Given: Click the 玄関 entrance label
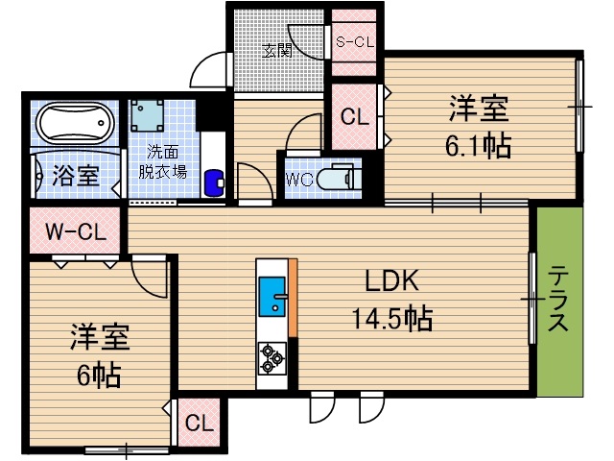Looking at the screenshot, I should click(x=278, y=51).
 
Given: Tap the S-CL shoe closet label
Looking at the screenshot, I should click(x=354, y=41).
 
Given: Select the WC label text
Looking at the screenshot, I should click(x=298, y=179).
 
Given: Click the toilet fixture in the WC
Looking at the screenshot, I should click(x=335, y=179).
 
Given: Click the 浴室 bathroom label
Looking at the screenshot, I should click(x=76, y=176).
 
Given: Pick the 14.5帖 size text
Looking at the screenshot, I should click(x=390, y=317).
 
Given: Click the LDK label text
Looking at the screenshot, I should click(x=390, y=280).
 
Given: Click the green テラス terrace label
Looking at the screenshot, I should click(x=558, y=300).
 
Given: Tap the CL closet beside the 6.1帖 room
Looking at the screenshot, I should click(x=354, y=117).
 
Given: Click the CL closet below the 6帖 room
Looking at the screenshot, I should click(x=199, y=423).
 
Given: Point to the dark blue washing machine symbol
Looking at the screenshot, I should click(x=215, y=180).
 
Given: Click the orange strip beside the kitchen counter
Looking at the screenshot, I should click(x=293, y=298).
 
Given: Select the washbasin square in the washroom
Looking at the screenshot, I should click(x=149, y=116).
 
